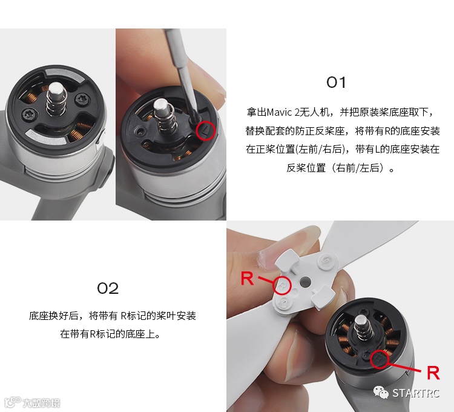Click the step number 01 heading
coord(336,82)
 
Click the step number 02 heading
coord(108,288)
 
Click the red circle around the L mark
coord(206,131)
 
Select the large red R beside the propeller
coord(247,278)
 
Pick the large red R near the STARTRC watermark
coord(433,373)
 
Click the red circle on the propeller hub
coord(281,286)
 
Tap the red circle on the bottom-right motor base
coord(380,359)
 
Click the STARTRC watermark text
coord(416,393)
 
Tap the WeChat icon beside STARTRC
coord(381,393)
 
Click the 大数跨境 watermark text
coord(41,403)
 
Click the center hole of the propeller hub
coord(305,281)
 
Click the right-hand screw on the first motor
coord(82,99)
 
